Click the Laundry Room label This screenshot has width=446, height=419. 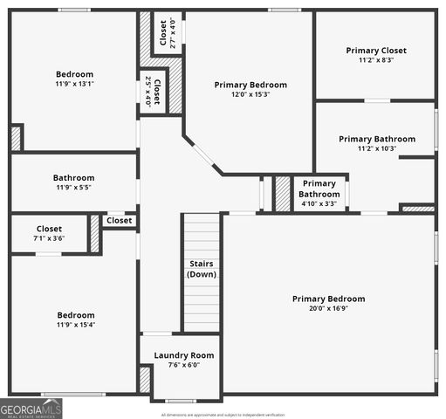tap(183, 355)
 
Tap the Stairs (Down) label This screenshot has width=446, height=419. tap(201, 269)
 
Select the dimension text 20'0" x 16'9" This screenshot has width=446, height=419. tap(328, 309)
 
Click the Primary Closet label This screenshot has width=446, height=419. tap(375, 51)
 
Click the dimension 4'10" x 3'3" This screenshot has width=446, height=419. tap(319, 204)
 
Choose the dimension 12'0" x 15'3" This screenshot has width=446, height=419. tap(250, 94)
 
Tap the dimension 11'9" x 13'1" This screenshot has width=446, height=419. tap(74, 85)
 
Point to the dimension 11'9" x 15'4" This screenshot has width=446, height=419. tap(74, 326)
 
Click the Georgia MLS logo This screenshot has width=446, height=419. tap(31, 409)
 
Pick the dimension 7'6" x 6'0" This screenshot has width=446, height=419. tap(183, 366)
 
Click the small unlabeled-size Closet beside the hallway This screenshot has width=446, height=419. tap(119, 221)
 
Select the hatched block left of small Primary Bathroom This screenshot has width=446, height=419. tap(282, 193)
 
